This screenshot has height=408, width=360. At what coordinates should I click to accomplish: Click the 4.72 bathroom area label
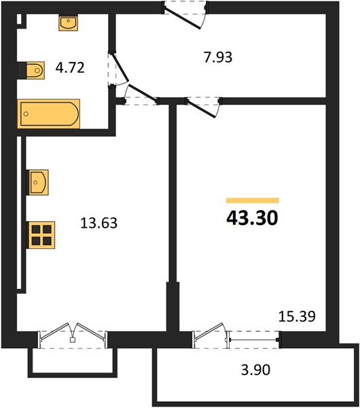(x=70, y=67)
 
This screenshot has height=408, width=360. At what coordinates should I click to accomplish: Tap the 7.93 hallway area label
(x=218, y=57)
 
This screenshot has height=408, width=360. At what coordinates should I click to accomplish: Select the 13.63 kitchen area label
(x=98, y=223)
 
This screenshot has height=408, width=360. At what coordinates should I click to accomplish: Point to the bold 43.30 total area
(x=252, y=218)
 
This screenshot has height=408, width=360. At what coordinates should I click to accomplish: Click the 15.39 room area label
(x=297, y=316)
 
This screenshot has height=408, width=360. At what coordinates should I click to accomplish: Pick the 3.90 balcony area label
(x=255, y=370)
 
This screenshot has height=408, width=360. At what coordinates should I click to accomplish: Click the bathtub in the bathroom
(x=49, y=114)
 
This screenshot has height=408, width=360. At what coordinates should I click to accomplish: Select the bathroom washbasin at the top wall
(x=69, y=23)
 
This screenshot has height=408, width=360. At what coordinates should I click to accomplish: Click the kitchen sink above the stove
(x=38, y=182)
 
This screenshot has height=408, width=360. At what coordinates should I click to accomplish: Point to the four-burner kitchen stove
(x=41, y=235)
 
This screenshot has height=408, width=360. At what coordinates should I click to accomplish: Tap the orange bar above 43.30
(x=253, y=201)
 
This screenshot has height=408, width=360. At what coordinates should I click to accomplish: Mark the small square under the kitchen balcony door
(x=73, y=340)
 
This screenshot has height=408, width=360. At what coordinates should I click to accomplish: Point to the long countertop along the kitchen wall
(x=21, y=215)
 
